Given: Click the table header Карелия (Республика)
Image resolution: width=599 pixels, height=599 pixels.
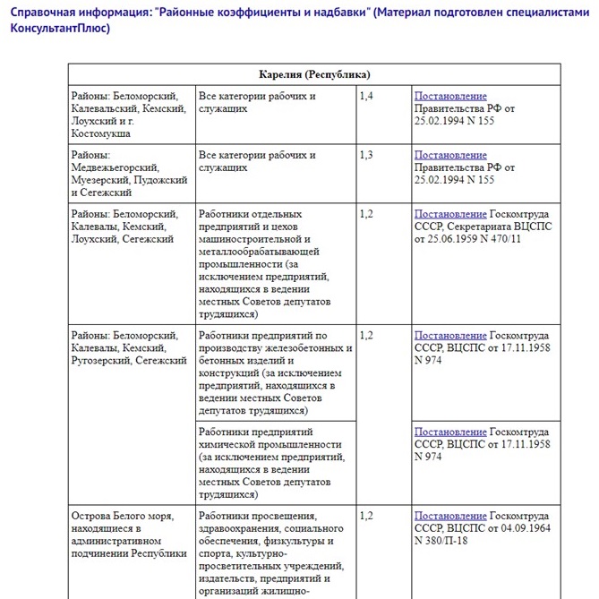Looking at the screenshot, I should (x=314, y=74).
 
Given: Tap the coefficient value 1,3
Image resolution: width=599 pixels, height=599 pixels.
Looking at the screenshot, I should (x=366, y=155).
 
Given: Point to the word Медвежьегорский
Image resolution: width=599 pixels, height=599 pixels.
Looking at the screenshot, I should (x=115, y=167).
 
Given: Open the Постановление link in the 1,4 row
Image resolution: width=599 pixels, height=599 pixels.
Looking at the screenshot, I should (x=450, y=96).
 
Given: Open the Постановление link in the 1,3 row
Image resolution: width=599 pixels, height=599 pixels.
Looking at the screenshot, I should (x=450, y=155).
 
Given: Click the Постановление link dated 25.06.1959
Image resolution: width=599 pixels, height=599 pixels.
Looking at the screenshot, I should (x=450, y=214).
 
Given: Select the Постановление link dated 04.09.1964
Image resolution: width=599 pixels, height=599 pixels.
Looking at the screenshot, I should (x=450, y=516).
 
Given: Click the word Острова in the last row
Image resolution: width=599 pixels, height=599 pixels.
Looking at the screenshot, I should (x=94, y=516).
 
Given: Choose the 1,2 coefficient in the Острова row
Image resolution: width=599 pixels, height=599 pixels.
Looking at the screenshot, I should (x=366, y=516).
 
